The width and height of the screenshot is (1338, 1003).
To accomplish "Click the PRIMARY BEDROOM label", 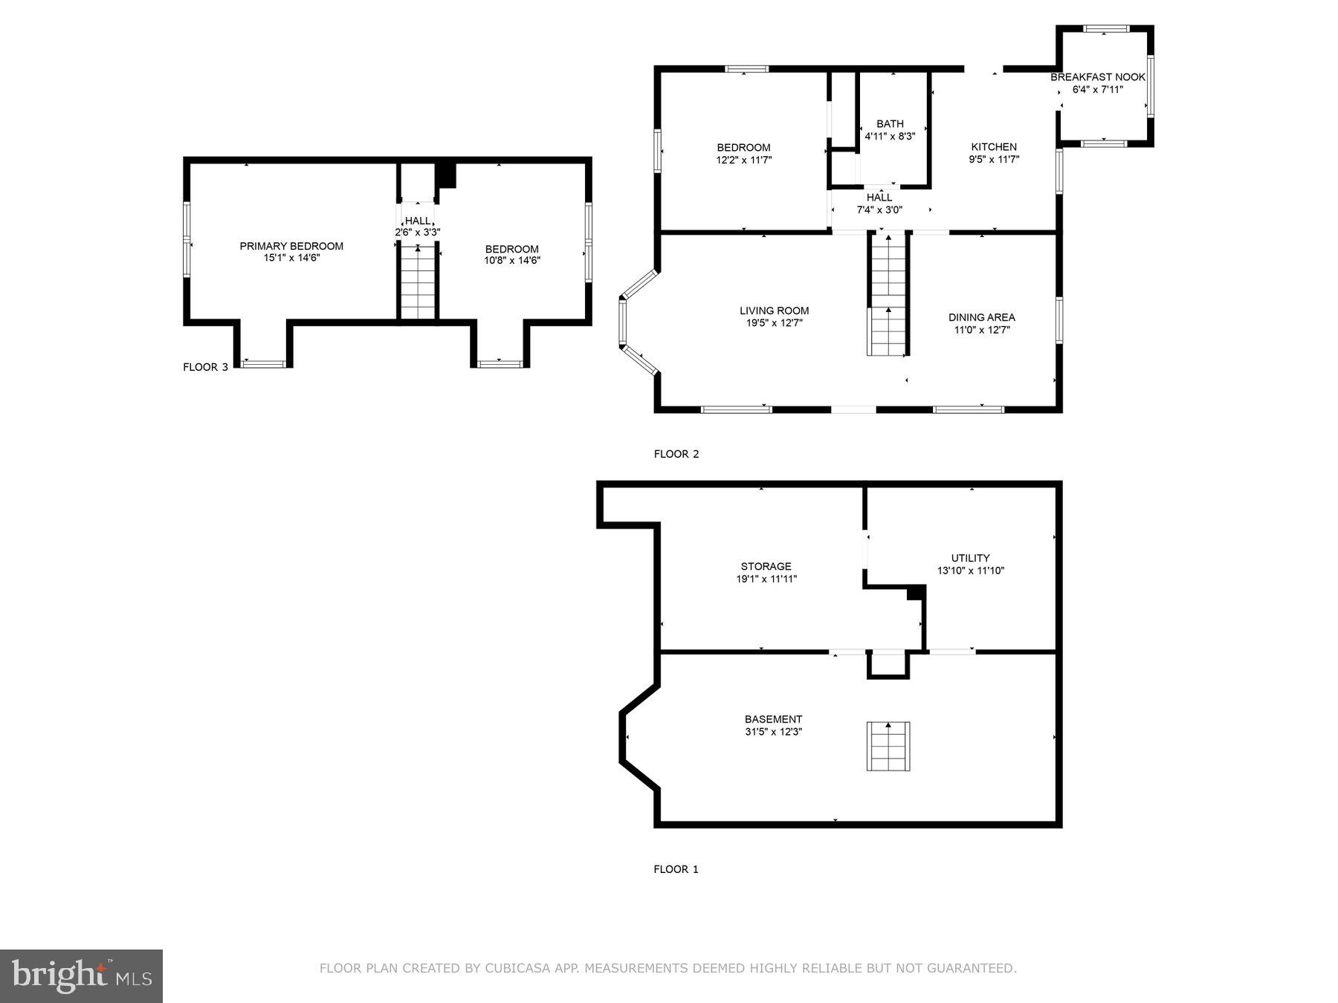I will pos(291,246).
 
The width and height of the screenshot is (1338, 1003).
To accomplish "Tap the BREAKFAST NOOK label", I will pos(1097,77).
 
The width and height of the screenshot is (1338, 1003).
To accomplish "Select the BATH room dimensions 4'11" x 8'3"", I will pos(890,137).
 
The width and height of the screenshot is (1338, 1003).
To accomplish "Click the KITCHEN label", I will pos(994,146).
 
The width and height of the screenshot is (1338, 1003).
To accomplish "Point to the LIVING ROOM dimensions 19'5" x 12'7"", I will pos(774,323).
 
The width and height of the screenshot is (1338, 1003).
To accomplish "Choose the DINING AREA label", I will pos(981,317).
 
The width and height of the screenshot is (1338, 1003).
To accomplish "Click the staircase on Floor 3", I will pos(418,282).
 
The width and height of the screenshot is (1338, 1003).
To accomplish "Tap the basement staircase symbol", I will pos(888,745).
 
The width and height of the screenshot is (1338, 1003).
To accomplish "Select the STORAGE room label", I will pos(766,566).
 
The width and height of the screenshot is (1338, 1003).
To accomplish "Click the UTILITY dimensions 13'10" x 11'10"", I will pos(971,571).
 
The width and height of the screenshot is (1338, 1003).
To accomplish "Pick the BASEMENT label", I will pos(773,719).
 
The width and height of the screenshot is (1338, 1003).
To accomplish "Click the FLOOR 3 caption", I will pos(205,367).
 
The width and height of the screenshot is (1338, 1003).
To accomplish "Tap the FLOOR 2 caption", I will pos(676,454).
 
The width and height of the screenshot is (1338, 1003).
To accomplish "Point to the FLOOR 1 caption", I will pos(676,869).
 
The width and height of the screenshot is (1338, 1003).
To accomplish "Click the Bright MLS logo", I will pos(81,976).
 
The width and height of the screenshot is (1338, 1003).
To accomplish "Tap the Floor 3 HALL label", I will pos(417,221).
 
